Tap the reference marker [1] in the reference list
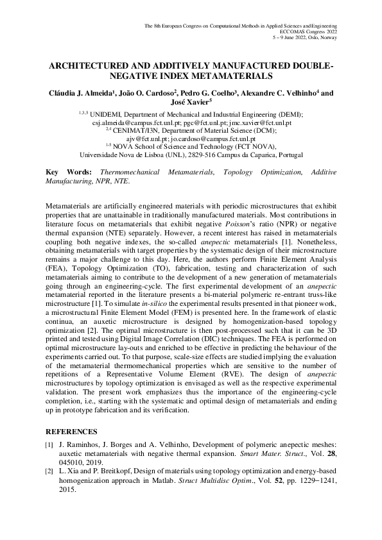(x=49, y=445)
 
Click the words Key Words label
(x=68, y=173)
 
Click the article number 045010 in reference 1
(x=74, y=463)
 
